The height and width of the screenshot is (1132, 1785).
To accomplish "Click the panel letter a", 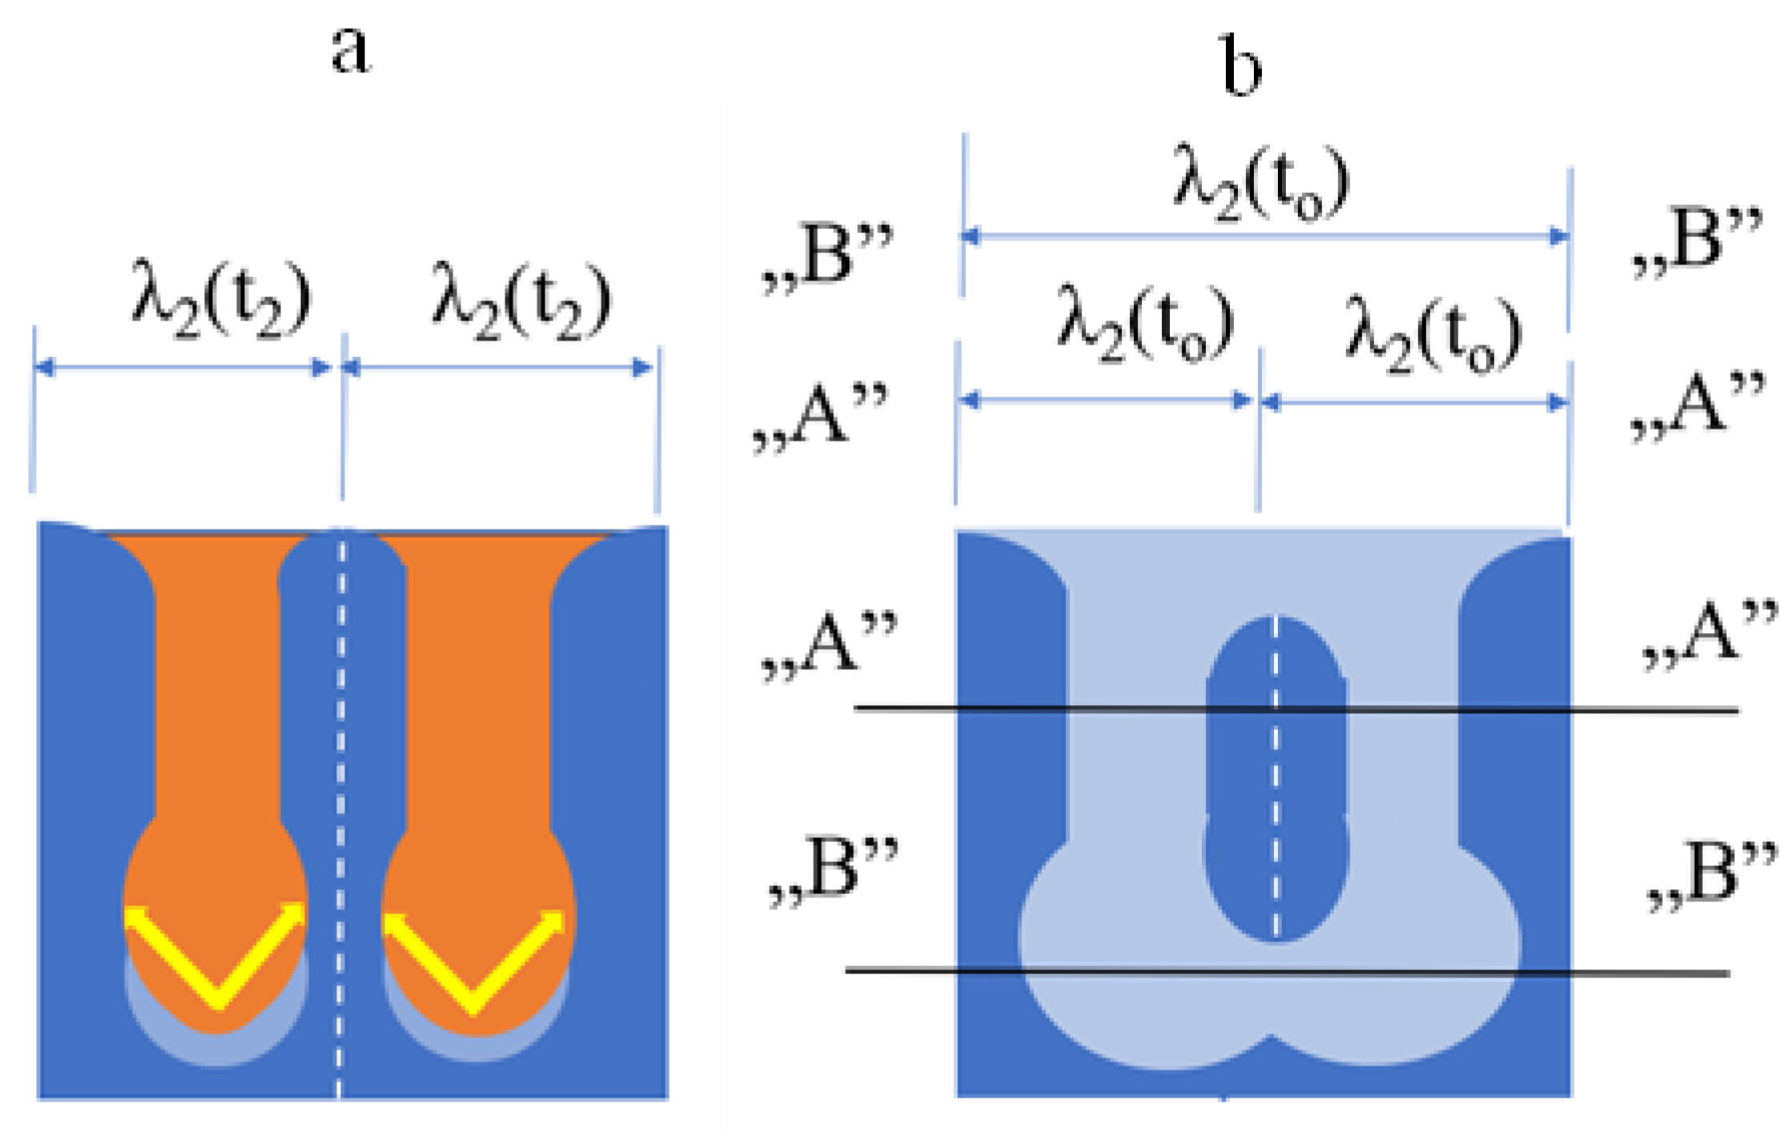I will tap(351, 50).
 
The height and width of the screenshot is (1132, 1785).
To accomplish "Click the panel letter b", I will tap(1242, 67).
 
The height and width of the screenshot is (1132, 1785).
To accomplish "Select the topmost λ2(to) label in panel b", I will tap(1261, 182).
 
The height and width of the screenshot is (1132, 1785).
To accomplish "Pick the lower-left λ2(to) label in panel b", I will tap(1144, 324).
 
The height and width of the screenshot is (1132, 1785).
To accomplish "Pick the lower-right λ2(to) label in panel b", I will tap(1433, 333).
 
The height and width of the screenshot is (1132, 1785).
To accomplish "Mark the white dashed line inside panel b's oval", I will tap(1276, 801).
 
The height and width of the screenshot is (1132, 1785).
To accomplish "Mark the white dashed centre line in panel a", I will tap(341, 801).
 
